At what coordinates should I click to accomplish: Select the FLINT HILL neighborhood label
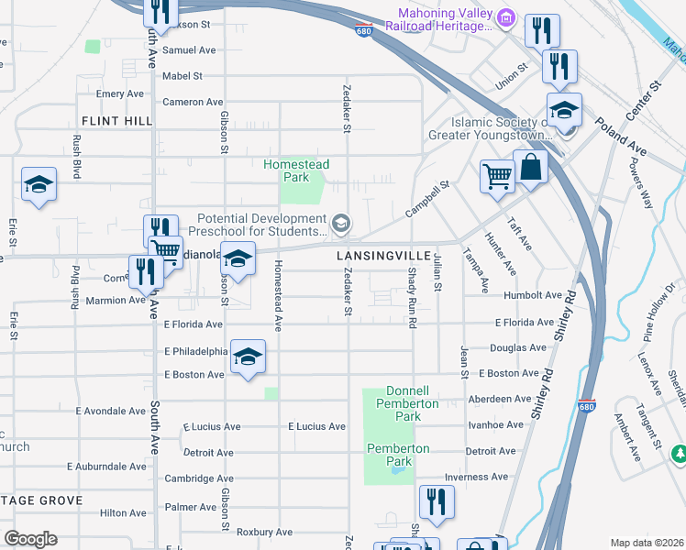click(116, 121)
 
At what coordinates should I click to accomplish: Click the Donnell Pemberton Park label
click(403, 403)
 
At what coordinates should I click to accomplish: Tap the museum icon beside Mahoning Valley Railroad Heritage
click(505, 18)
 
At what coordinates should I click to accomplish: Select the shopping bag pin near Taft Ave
click(530, 168)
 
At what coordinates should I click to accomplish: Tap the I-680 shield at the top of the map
click(364, 30)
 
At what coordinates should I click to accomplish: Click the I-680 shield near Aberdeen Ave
click(588, 405)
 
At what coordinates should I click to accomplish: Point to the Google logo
click(29, 538)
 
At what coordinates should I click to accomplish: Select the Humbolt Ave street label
click(533, 296)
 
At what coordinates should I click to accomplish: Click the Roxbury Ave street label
click(264, 532)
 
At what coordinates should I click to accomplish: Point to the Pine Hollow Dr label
click(658, 298)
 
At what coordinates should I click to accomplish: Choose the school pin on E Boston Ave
click(248, 356)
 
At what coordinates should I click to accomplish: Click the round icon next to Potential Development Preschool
click(340, 224)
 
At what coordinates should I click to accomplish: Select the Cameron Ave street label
click(193, 102)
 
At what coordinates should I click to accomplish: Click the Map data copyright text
click(647, 543)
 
